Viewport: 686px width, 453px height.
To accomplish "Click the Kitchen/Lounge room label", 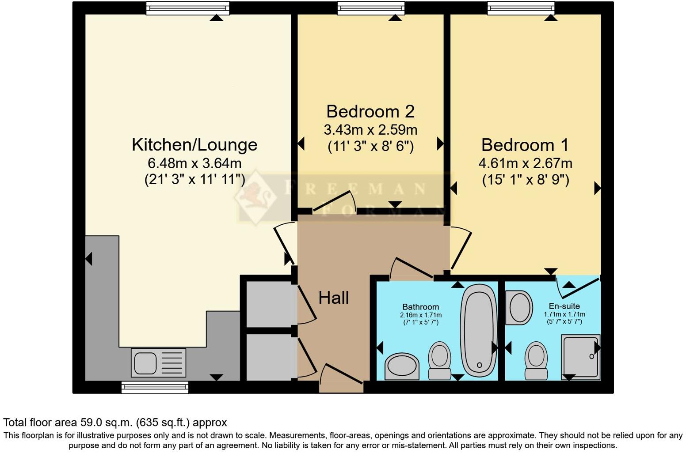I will click(x=194, y=145).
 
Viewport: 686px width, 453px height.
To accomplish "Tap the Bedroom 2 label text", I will click(x=370, y=111).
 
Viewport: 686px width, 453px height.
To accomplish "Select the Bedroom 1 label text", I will click(x=525, y=145).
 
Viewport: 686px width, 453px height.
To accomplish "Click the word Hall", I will click(x=334, y=298).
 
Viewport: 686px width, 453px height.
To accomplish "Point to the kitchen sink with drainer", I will click(x=158, y=362).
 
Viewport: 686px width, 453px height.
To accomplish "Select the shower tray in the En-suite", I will click(x=580, y=356).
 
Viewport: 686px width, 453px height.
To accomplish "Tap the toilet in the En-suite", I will click(x=536, y=360).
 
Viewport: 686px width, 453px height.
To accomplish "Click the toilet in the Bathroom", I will click(x=439, y=360).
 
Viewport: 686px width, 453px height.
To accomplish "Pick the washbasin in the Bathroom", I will click(x=402, y=366).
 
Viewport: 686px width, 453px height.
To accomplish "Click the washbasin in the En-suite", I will click(x=520, y=307).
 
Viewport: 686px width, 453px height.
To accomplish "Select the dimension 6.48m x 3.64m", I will click(x=194, y=163).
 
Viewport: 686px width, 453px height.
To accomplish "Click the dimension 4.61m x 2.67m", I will click(x=525, y=163).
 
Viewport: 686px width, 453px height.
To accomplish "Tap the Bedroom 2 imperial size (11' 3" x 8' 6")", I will click(x=370, y=146).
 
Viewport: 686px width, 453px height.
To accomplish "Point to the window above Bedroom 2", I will click(x=370, y=8).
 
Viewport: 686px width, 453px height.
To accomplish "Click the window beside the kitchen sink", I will click(x=155, y=388).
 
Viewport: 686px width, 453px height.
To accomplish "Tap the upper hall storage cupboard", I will click(x=270, y=304).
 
